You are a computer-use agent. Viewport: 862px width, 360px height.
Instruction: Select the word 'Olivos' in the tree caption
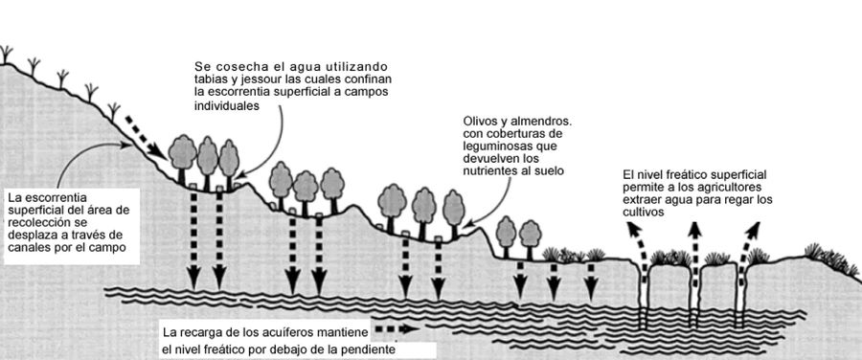[x=477, y=121]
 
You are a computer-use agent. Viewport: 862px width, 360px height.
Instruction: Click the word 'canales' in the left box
[x=25, y=247]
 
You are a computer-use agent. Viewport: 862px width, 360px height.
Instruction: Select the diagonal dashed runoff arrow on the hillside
[x=147, y=137]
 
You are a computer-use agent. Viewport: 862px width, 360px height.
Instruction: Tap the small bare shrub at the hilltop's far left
[x=6, y=55]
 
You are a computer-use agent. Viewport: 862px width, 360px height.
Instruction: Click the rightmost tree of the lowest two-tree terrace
[x=530, y=239]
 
